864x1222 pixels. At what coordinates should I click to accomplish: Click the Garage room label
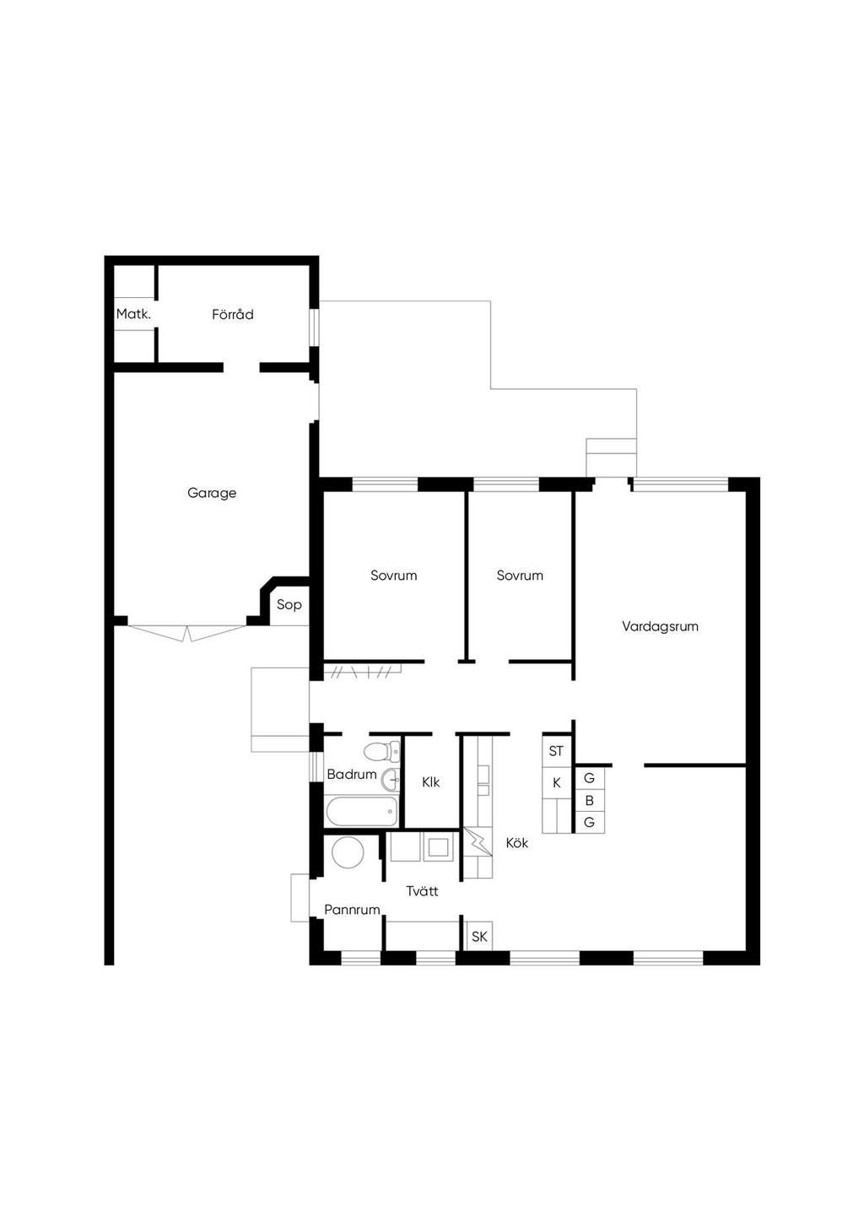[212, 493]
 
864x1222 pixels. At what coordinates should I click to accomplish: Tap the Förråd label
[233, 314]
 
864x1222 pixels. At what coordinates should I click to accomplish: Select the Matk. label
[133, 314]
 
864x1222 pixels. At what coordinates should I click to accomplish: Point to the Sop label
[289, 604]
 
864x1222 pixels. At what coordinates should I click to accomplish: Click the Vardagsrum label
[660, 626]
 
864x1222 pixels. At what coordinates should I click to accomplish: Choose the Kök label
[517, 843]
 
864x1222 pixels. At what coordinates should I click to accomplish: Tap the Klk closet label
[431, 782]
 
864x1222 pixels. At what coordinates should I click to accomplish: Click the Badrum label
[352, 774]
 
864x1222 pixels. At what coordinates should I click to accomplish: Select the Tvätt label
[422, 891]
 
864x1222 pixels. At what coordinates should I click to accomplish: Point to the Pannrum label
[352, 910]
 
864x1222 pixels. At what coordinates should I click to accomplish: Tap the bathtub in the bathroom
[362, 812]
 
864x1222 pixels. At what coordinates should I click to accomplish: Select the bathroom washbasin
[391, 780]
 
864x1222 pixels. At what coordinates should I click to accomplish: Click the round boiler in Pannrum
[348, 853]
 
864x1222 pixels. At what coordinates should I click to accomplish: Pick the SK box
[479, 936]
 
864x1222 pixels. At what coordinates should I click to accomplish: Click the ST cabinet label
[556, 751]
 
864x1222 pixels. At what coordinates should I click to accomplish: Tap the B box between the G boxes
[589, 801]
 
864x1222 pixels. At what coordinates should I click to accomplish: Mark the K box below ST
[556, 783]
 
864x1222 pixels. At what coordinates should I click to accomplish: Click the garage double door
[187, 633]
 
